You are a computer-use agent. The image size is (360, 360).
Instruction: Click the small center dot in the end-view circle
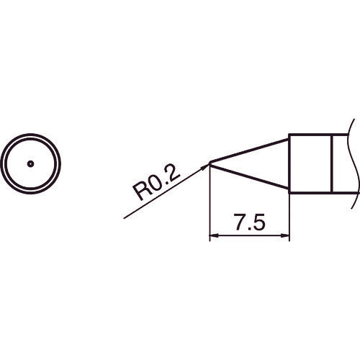30,163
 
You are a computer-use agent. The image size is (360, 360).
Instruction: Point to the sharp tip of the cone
210,163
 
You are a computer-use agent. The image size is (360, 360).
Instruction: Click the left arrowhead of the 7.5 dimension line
212,235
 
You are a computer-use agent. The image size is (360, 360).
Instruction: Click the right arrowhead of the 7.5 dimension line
286,235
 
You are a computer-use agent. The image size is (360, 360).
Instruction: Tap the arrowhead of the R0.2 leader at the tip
205,167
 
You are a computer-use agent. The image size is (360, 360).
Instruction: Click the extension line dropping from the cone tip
210,205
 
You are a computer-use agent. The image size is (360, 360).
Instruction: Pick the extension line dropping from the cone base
289,216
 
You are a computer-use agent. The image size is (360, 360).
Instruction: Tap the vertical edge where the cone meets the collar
289,163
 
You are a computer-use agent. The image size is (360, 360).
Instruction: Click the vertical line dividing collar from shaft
331,163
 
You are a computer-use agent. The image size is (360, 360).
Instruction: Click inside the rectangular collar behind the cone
310,163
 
